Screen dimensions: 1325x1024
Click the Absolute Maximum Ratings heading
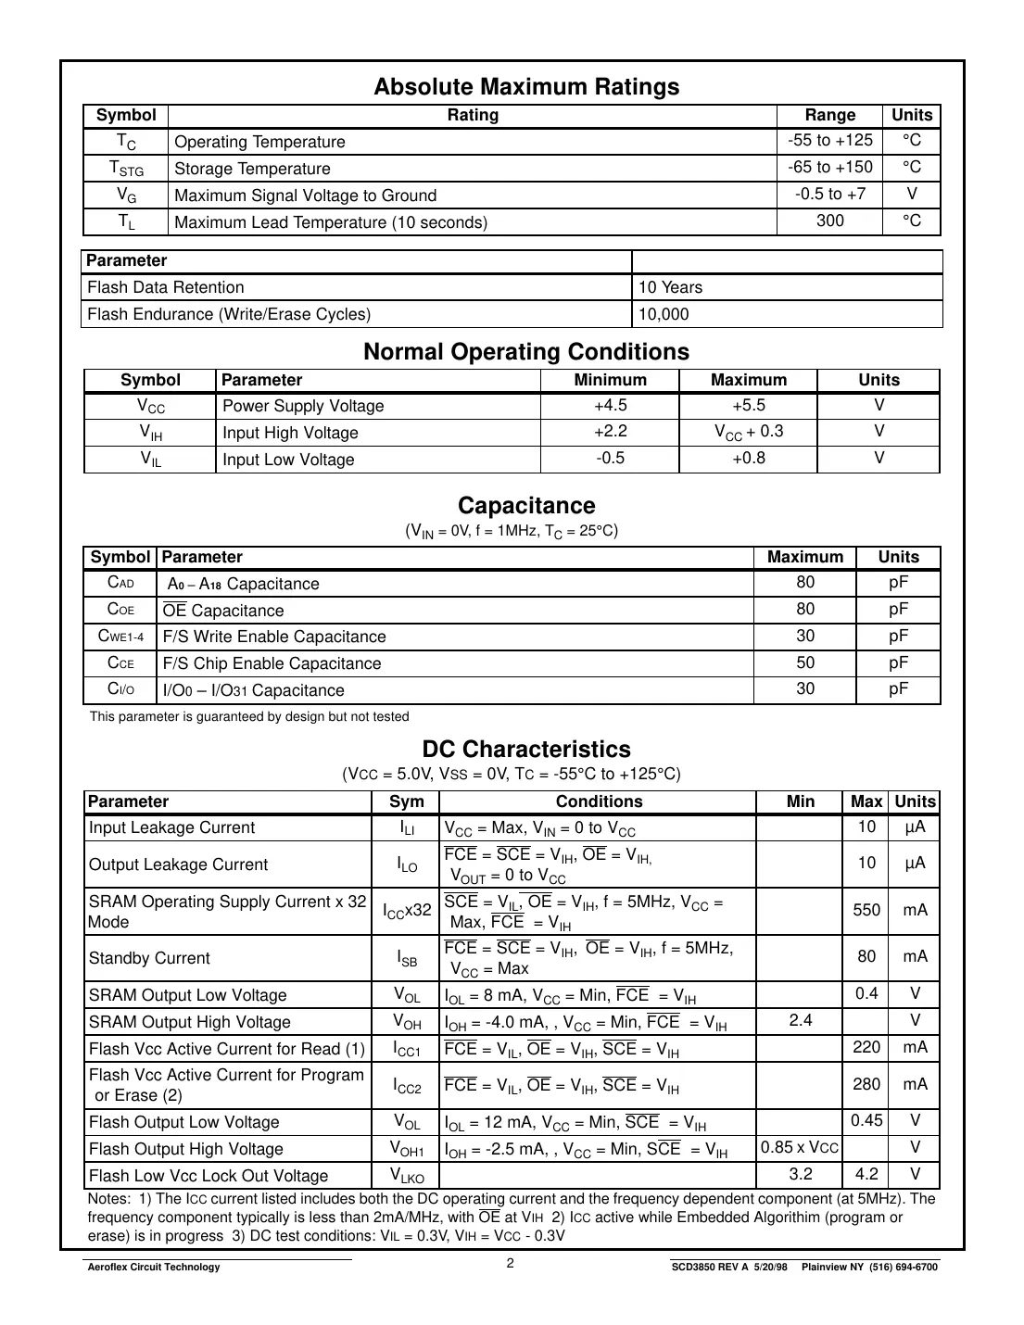click(x=526, y=87)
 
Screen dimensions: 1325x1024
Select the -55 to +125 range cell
click(x=829, y=141)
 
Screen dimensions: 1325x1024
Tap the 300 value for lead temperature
click(x=829, y=221)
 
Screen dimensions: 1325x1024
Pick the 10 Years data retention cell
click(x=670, y=287)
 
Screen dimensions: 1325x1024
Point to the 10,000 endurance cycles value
click(x=664, y=314)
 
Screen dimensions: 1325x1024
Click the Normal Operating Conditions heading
click(x=526, y=352)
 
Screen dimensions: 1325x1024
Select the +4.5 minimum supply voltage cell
click(x=610, y=406)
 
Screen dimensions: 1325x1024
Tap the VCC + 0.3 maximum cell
click(x=748, y=432)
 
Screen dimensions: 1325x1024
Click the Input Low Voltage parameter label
click(x=288, y=460)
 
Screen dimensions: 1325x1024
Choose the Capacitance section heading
click(x=526, y=506)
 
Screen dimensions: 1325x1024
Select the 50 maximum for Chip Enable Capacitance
click(x=805, y=662)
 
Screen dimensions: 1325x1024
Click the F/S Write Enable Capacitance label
click(x=274, y=637)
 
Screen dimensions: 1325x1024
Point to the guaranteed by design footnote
click(x=249, y=716)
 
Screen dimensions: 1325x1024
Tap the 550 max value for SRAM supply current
click(x=866, y=910)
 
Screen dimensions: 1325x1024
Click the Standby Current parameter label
click(x=149, y=958)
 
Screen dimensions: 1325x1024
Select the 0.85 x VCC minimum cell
click(x=800, y=1147)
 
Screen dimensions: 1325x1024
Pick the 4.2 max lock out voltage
click(x=866, y=1174)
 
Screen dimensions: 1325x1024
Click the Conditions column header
click(x=599, y=801)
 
